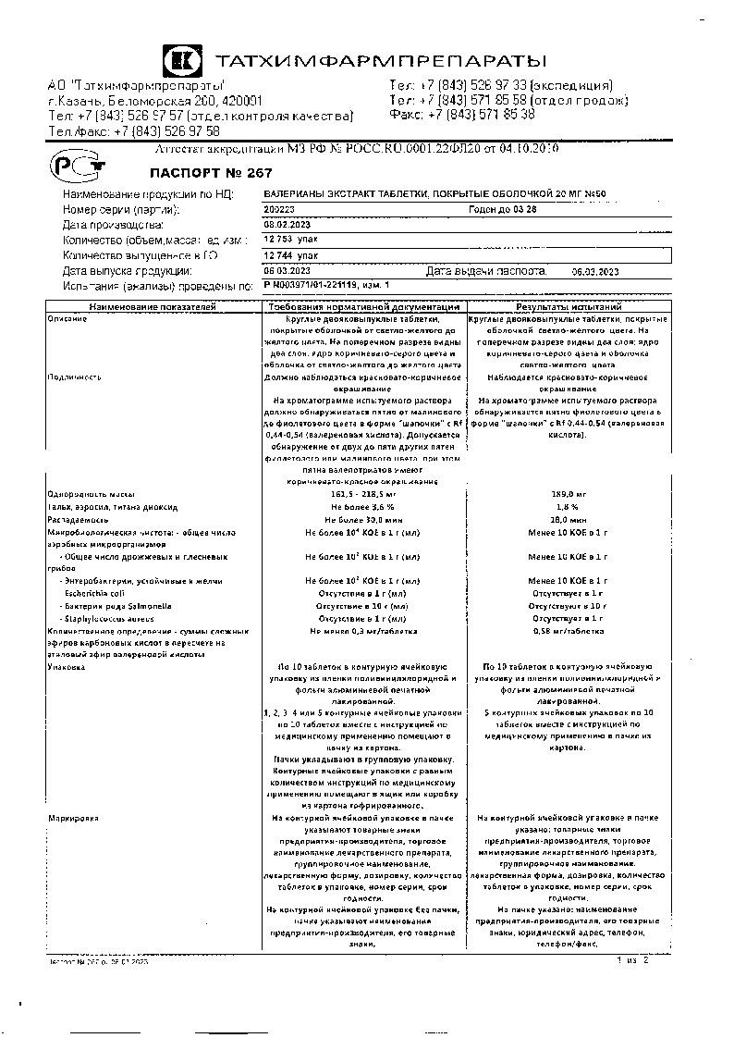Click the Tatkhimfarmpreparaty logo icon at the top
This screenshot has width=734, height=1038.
point(181,62)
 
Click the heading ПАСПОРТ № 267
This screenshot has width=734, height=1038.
point(200,172)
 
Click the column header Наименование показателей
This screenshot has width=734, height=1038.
point(153,306)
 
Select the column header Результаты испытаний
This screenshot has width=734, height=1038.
point(569,306)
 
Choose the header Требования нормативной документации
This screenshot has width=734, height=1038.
point(363,306)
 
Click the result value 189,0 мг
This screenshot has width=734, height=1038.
point(569,494)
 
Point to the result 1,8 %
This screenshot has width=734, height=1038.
point(569,507)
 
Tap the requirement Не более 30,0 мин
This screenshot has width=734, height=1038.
point(363,520)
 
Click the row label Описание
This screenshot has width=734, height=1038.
point(68,319)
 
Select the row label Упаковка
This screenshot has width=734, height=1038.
point(67,666)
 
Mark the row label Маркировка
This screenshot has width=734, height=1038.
point(73,819)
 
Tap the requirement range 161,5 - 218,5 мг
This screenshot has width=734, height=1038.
point(363,494)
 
